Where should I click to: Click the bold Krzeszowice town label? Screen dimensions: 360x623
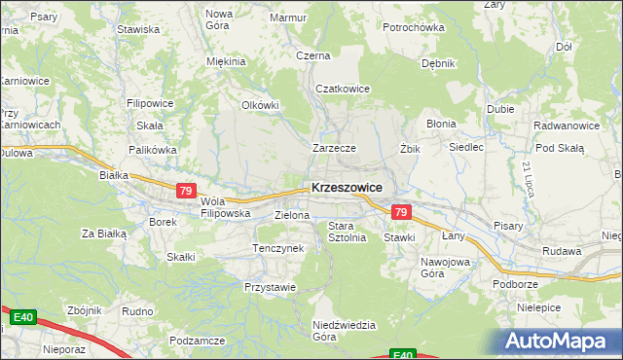point(346,188)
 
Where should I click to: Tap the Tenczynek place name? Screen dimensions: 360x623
point(279,249)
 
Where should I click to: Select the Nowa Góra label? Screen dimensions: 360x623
point(219,19)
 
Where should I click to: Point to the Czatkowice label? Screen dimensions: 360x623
point(343,89)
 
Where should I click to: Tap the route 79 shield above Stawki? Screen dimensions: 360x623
point(400,212)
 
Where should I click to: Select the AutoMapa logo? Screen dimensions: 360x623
point(561,341)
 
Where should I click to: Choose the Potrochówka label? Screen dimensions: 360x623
point(414,27)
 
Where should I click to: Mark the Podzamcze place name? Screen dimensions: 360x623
point(198,341)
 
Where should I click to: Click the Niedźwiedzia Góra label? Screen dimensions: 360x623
point(337,331)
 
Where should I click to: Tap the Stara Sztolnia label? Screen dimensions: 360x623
point(347,232)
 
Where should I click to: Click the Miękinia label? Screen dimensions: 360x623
point(226,61)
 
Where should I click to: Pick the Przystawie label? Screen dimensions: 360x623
point(270,288)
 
